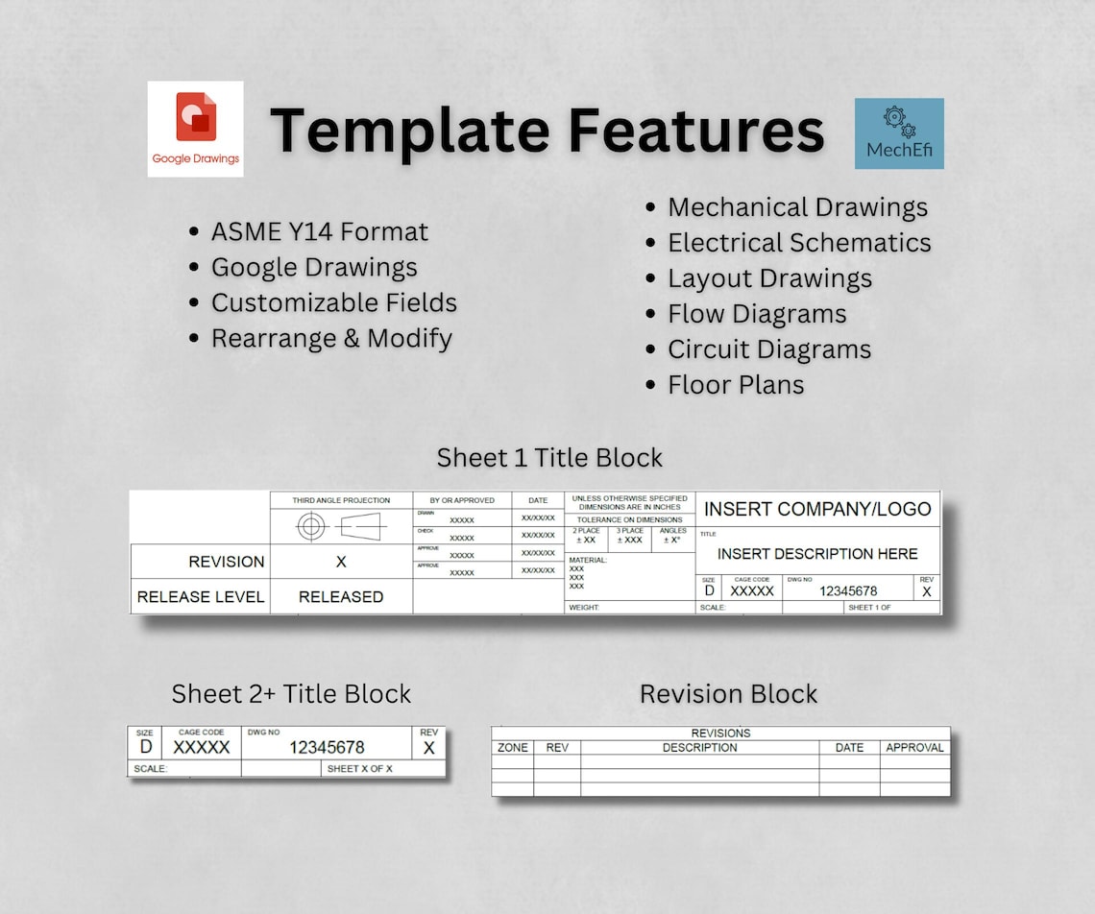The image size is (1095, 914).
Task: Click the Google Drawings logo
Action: click(195, 129)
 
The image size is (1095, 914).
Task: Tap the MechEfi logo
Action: click(899, 133)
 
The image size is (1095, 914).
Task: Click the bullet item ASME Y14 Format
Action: click(319, 231)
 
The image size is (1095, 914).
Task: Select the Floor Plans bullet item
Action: click(736, 385)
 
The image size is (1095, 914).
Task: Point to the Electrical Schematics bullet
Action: click(799, 243)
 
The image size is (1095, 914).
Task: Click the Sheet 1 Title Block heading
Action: click(549, 458)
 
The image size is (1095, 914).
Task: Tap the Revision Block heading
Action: click(728, 694)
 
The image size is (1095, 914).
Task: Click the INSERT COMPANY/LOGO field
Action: click(817, 509)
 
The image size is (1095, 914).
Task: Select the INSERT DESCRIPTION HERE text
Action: click(817, 554)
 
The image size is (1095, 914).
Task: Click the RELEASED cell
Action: click(341, 596)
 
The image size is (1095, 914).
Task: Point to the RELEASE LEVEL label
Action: click(200, 596)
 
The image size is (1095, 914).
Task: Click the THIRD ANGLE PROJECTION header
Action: click(341, 500)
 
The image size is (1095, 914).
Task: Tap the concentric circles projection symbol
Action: click(311, 526)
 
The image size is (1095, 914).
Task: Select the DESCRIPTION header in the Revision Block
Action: click(699, 747)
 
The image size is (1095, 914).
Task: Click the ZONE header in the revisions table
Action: click(513, 747)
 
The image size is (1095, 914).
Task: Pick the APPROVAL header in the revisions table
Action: click(914, 747)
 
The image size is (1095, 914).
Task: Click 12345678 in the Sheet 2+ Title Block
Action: click(327, 747)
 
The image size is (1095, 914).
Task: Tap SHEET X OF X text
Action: click(359, 769)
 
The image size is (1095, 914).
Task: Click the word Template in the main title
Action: click(410, 130)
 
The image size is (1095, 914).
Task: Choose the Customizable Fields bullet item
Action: click(333, 302)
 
